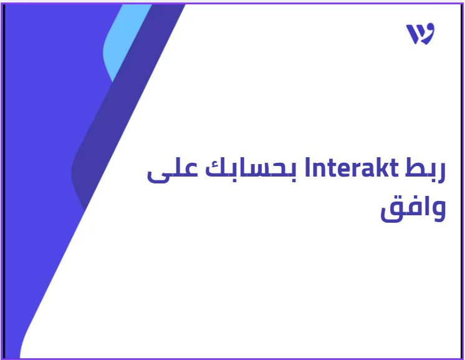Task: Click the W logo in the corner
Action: [x=420, y=34]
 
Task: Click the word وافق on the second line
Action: [x=413, y=209]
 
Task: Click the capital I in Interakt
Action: [x=307, y=168]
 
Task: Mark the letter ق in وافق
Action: [x=391, y=212]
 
